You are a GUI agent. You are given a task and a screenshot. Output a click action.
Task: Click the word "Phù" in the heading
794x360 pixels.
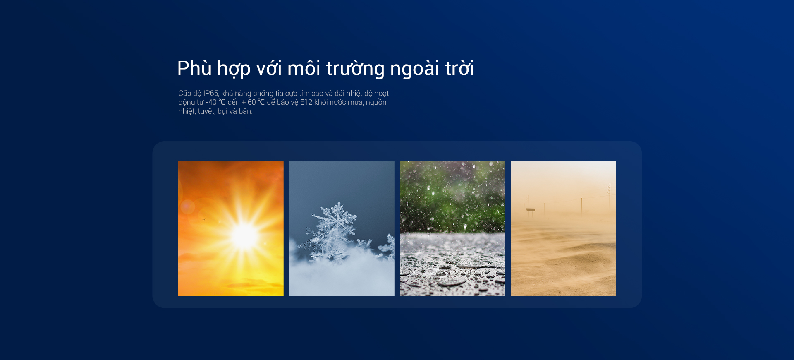(194, 68)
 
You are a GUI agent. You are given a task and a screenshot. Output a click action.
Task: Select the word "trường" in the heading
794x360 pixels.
(355, 69)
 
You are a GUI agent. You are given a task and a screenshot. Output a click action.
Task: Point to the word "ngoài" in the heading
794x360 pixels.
(415, 69)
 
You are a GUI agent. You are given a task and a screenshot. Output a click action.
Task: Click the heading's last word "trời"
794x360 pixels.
(459, 68)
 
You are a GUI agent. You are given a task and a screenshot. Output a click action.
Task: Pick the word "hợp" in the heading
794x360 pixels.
(234, 70)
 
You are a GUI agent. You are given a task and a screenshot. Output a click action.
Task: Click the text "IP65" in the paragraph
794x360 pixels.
(210, 93)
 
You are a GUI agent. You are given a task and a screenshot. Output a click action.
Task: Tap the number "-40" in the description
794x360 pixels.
(211, 102)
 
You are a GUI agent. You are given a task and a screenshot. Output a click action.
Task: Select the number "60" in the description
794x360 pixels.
(251, 102)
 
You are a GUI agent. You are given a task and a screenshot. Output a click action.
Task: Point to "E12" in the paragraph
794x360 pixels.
(306, 102)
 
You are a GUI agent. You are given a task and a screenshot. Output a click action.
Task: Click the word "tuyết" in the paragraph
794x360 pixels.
(206, 111)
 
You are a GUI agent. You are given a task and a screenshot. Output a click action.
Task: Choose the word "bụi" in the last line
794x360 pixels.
(222, 111)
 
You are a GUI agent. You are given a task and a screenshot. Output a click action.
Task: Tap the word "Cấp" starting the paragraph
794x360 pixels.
(184, 94)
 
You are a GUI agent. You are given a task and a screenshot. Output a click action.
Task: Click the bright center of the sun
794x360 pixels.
(244, 236)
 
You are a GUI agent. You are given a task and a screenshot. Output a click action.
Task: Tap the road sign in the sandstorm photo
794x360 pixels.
(530, 211)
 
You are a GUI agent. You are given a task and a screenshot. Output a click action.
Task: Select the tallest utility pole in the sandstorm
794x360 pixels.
(609, 194)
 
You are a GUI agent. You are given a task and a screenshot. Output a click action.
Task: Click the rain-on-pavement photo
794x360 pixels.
(452, 228)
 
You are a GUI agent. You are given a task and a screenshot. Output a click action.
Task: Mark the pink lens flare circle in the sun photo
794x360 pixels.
(187, 206)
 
